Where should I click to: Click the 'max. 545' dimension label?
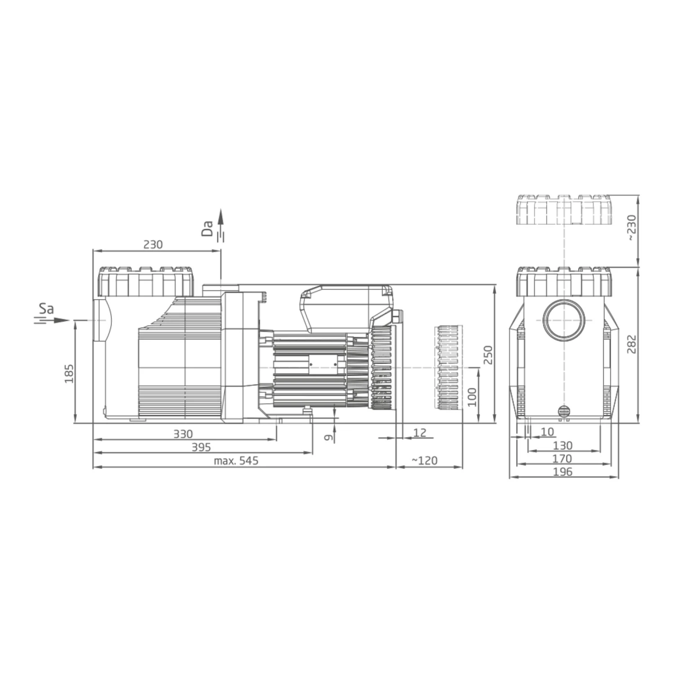tap(236, 461)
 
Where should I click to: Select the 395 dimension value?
tap(201, 447)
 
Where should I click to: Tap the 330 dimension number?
tap(183, 434)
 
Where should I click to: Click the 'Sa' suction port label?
tap(46, 309)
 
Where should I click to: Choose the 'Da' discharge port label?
tap(207, 228)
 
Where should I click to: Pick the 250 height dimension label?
tap(488, 355)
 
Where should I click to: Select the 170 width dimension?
tap(563, 458)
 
